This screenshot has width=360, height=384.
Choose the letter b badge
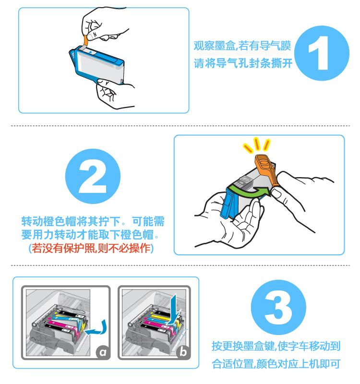pyautogui.click(x=182, y=353)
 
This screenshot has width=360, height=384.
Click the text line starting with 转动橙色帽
pyautogui.click(x=93, y=222)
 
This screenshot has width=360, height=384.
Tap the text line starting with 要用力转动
pyautogui.click(x=93, y=236)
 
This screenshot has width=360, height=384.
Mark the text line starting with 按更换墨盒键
pyautogui.click(x=276, y=346)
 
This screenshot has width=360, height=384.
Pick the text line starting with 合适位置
pyautogui.click(x=276, y=363)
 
